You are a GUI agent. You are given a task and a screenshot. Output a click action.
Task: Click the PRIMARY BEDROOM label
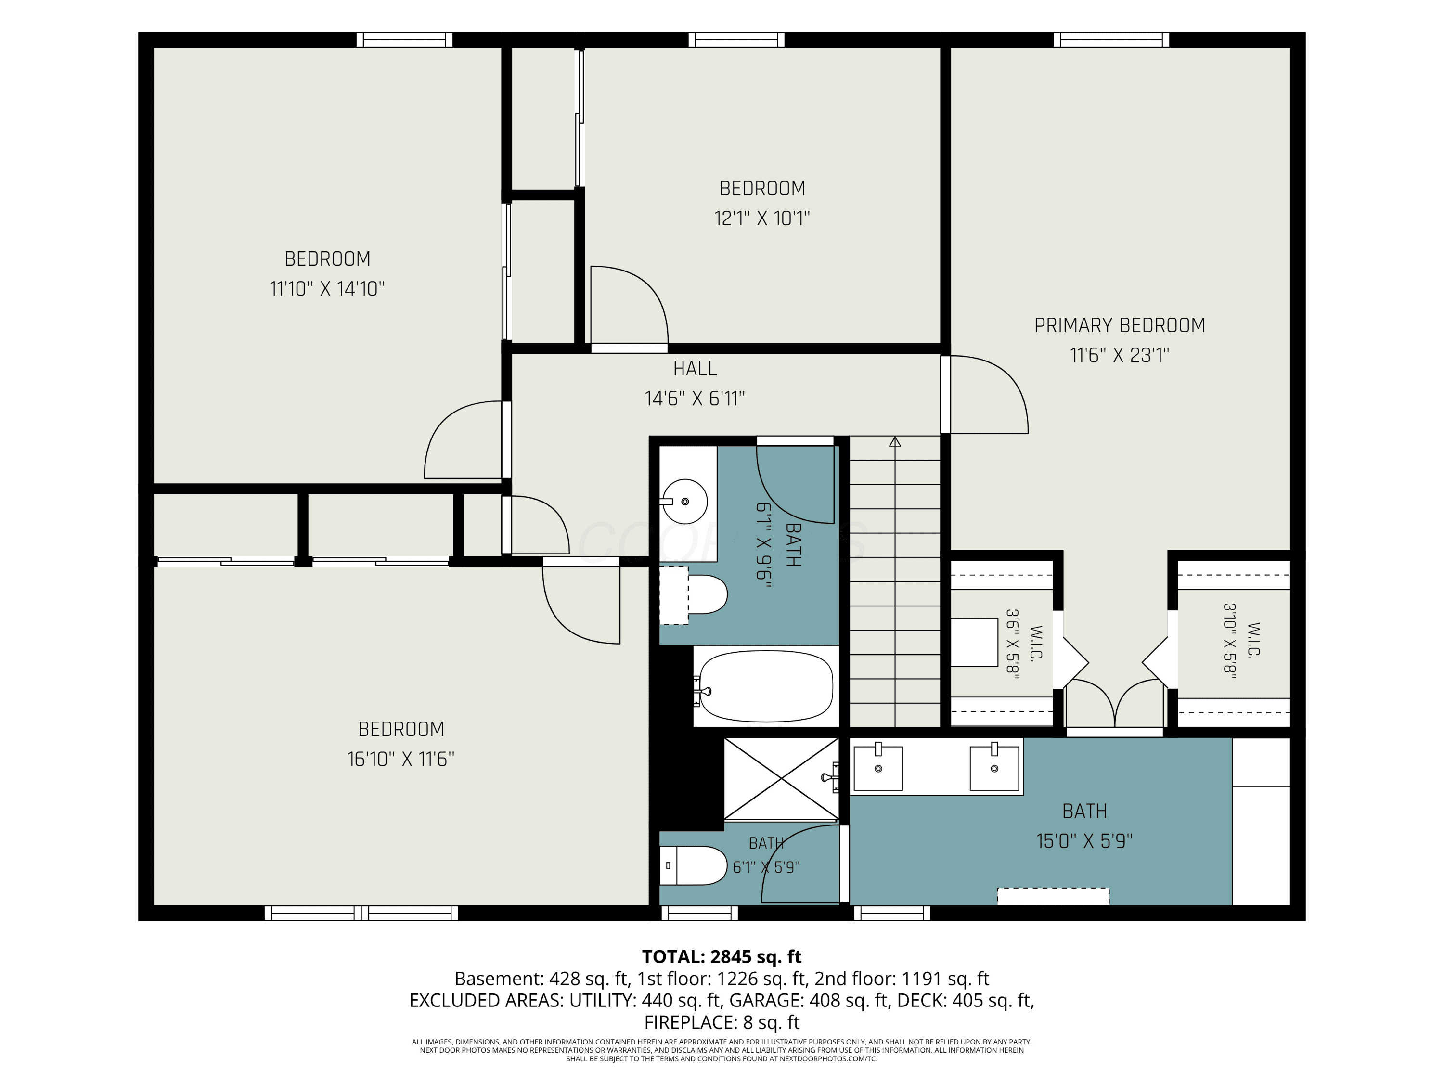[x=1120, y=325]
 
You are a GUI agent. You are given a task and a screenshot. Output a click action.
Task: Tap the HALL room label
[x=695, y=369]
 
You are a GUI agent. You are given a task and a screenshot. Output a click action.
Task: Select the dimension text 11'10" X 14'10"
[x=327, y=288]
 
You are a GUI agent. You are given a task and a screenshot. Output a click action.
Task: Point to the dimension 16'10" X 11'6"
[x=401, y=759]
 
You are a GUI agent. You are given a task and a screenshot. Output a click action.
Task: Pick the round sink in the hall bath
[x=683, y=502]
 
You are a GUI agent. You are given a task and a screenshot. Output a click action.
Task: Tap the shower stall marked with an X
[x=781, y=778]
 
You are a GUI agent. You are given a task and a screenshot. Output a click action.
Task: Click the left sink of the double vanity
[x=878, y=767]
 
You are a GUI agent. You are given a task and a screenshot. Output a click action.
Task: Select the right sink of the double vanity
[x=994, y=767]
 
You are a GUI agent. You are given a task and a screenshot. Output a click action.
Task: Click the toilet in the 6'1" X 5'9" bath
[x=693, y=865]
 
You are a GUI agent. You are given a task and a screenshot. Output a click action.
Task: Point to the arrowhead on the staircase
[x=894, y=442]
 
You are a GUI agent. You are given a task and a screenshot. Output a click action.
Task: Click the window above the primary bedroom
[x=1111, y=40]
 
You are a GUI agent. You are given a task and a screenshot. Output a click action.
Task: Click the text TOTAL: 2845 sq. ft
[x=722, y=956]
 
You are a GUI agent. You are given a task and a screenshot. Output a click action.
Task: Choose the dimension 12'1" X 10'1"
[x=762, y=218]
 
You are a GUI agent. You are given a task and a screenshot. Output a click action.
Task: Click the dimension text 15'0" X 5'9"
[x=1084, y=841]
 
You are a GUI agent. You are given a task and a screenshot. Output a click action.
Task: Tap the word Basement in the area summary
[x=498, y=979]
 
